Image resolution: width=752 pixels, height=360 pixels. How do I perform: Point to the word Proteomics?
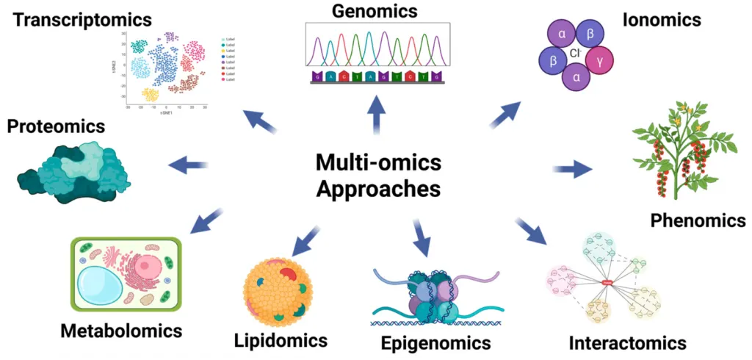pos(56,126)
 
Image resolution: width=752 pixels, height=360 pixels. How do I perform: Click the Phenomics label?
pos(698,220)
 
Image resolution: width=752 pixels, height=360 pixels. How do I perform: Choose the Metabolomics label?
pos(120,331)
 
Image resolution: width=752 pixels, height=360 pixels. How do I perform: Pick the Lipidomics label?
pos(281,340)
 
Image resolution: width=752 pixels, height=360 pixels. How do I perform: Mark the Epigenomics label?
pos(435,342)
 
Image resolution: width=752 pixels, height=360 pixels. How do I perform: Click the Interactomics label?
pos(628,342)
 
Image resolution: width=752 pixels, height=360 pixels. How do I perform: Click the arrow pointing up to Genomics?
pos(377,115)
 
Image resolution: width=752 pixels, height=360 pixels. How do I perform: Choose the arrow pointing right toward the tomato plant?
pos(572,170)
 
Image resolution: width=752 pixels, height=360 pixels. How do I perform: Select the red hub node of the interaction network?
pos(608,283)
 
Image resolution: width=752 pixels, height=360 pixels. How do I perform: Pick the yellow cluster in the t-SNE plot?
pos(150,94)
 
